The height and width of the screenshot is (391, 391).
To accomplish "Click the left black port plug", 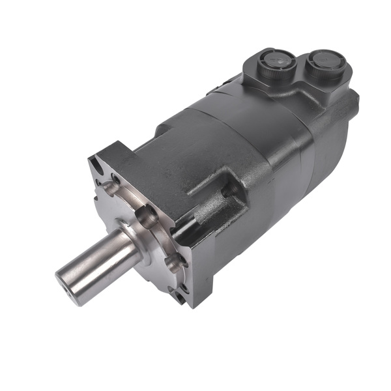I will pyautogui.click(x=275, y=64).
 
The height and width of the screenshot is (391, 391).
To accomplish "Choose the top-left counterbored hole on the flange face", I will pyautogui.click(x=113, y=186).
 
